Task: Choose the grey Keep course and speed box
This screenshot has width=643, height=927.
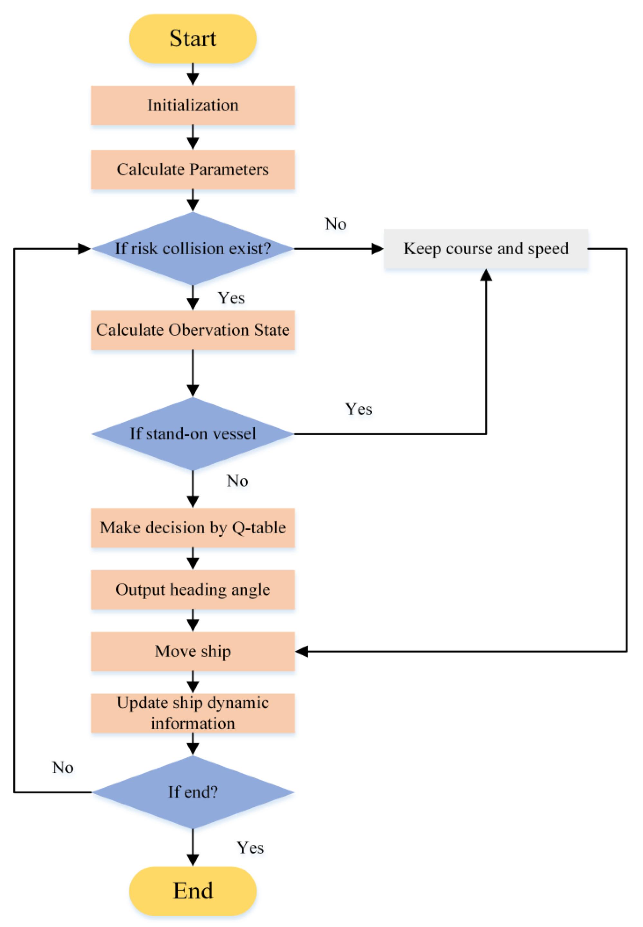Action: coord(486,248)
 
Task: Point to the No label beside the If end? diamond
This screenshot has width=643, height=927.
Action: coord(63,767)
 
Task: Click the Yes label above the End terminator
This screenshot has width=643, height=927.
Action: coord(250,847)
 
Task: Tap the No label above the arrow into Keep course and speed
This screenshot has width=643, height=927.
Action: coord(336,224)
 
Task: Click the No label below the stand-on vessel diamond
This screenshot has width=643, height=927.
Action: coord(237,481)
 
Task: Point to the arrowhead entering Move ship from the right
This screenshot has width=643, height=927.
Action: coord(302,651)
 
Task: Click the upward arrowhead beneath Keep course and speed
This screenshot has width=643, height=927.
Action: coord(486,275)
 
